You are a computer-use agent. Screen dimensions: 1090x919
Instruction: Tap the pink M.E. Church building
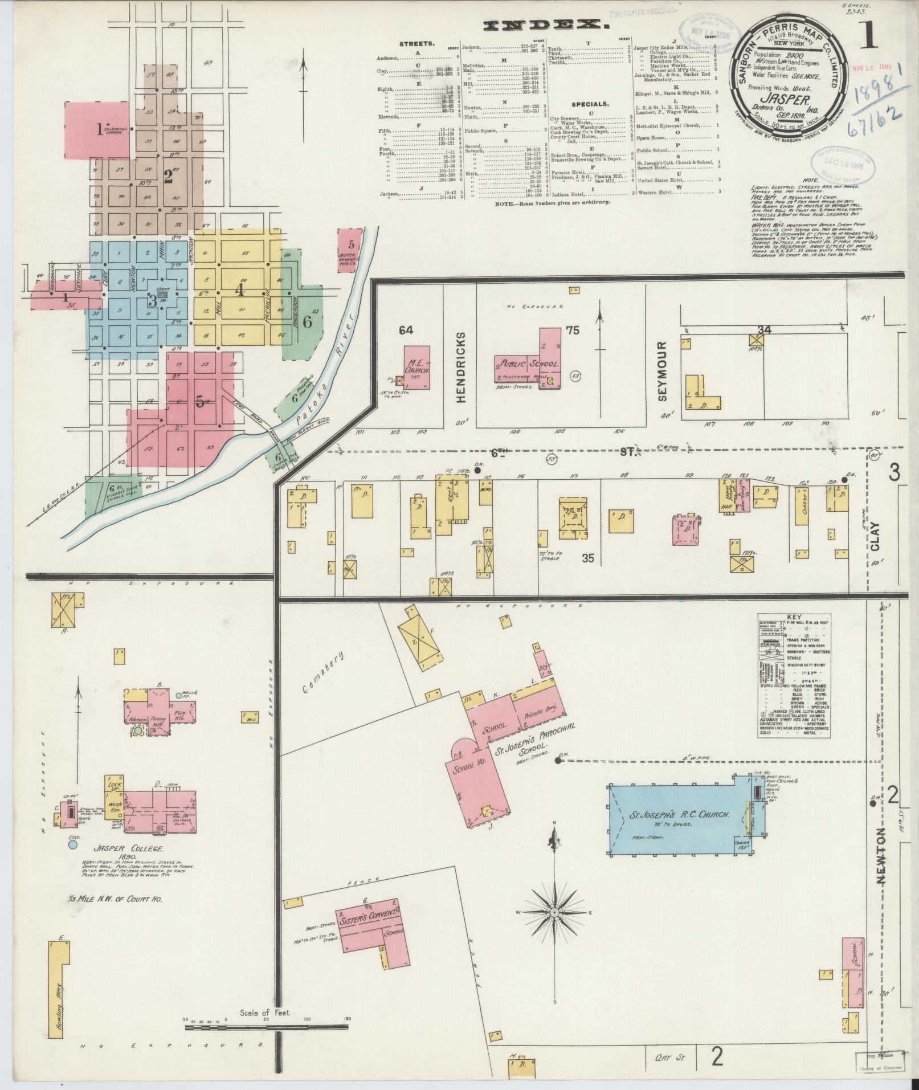pos(417,368)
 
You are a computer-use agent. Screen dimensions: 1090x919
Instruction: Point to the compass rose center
pos(554,928)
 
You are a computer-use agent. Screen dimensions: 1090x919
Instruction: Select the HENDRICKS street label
pos(461,367)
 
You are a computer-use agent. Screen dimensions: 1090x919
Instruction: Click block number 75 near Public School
pos(572,330)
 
